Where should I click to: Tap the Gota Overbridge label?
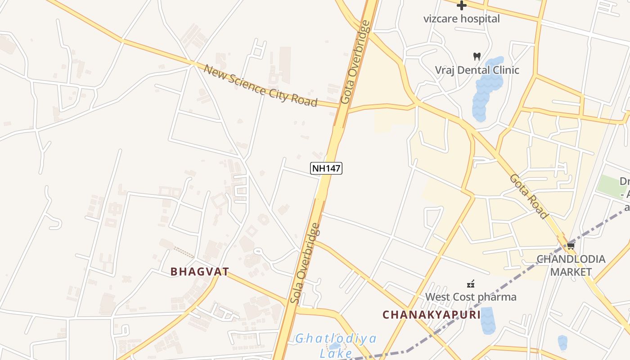point(355,62)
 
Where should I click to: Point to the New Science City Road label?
point(261,85)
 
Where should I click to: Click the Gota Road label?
point(529,196)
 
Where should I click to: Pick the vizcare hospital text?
point(461,19)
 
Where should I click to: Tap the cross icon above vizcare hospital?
point(461,6)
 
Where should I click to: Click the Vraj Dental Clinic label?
point(477,70)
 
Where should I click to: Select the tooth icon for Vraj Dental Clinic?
point(477,57)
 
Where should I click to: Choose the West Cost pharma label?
point(471,297)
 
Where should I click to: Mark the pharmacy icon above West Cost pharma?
point(471,284)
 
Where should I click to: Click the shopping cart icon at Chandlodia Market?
point(571,246)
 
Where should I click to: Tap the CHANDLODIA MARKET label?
point(571,265)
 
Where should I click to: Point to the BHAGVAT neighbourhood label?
point(200,272)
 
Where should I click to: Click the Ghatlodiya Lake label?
point(336,345)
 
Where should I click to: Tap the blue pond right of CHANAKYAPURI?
point(487,320)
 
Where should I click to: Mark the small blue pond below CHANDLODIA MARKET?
point(562,343)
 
